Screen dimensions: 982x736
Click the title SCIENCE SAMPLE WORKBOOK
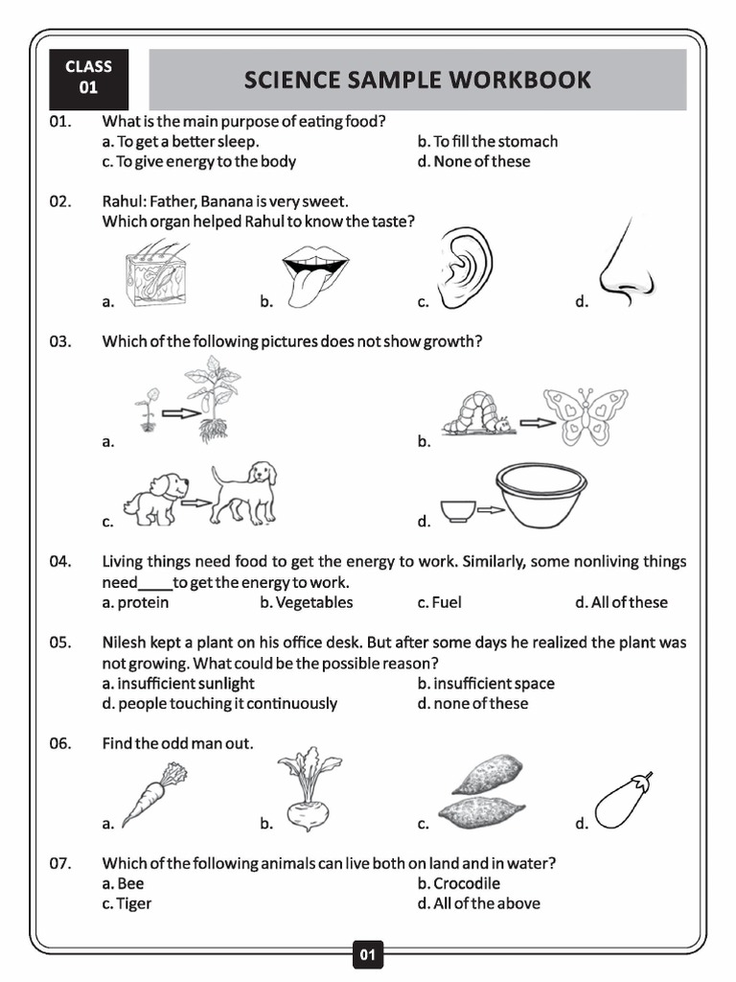pyautogui.click(x=417, y=80)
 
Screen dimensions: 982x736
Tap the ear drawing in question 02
pyautogui.click(x=465, y=268)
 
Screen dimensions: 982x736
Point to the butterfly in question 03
pyautogui.click(x=585, y=415)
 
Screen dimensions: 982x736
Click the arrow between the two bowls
pyautogui.click(x=491, y=510)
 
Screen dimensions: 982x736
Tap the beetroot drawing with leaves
pyautogui.click(x=308, y=789)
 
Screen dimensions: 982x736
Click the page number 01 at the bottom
pyautogui.click(x=368, y=954)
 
